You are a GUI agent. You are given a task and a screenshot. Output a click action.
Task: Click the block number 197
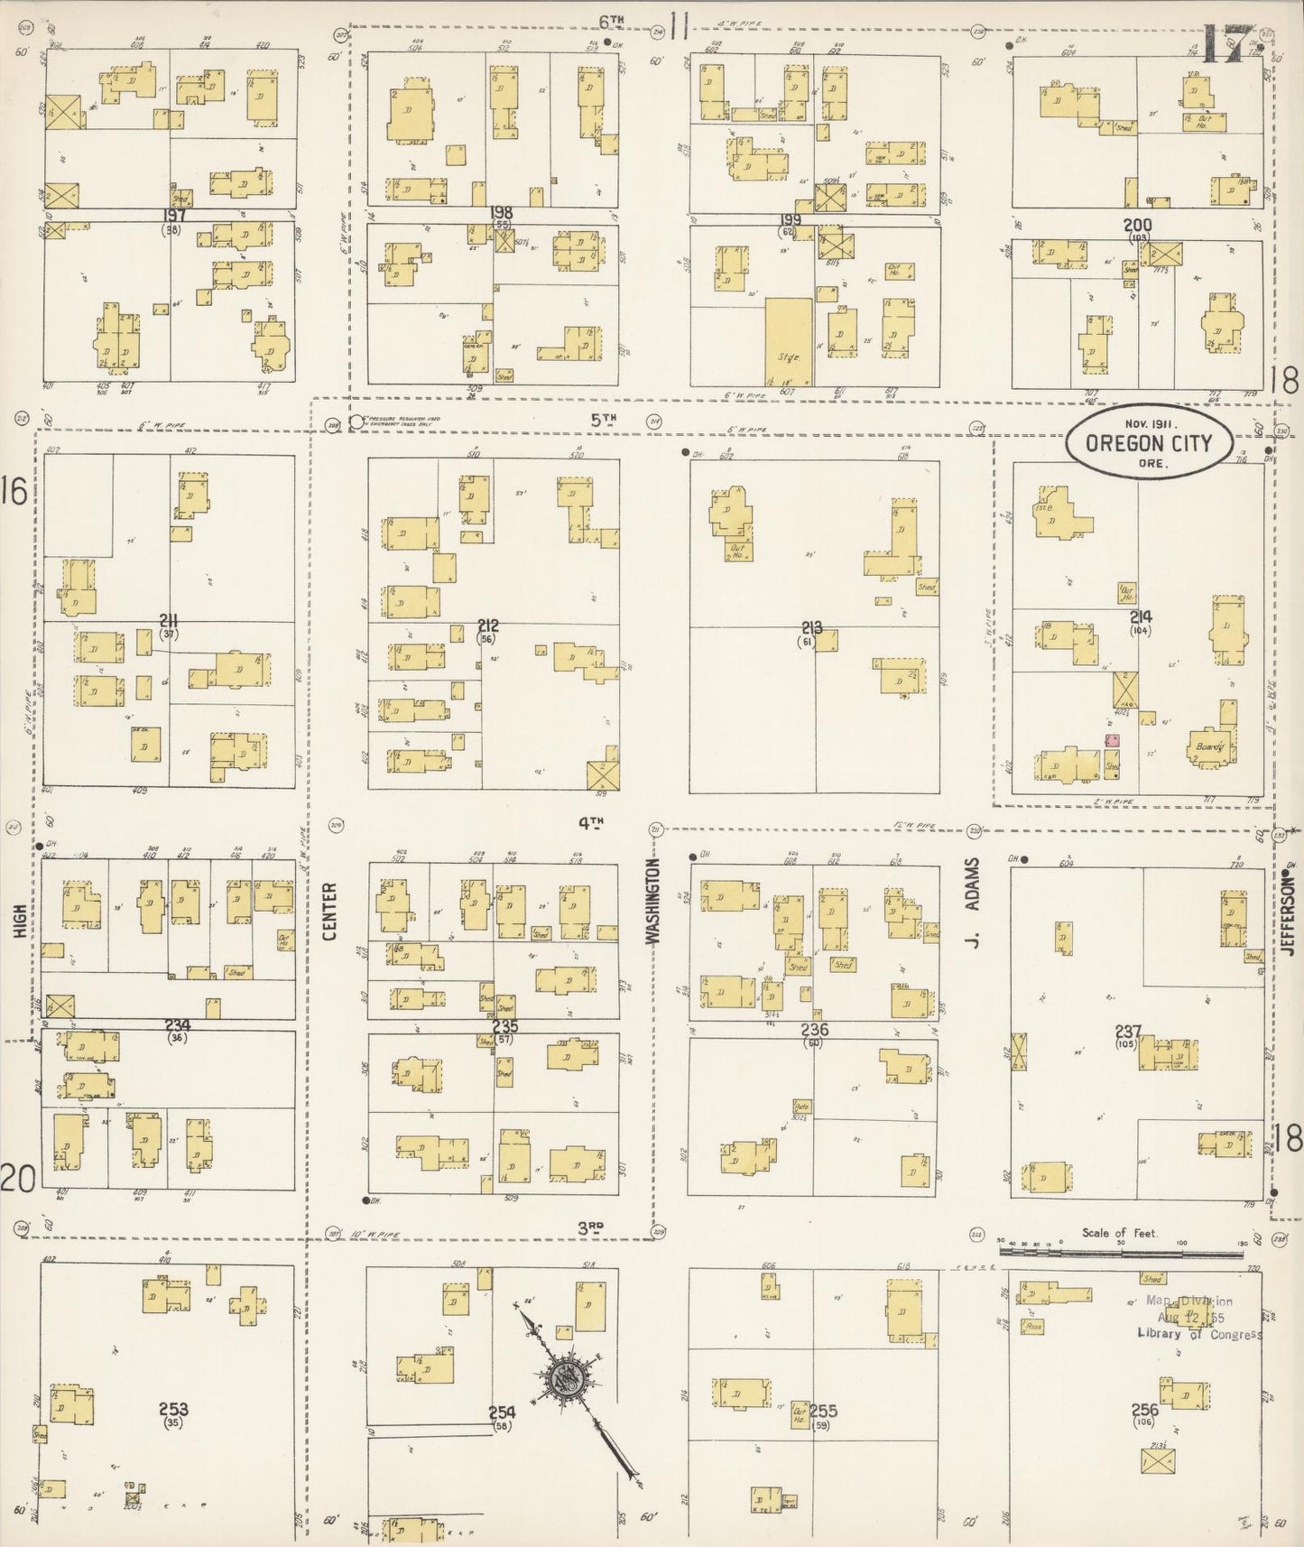174,216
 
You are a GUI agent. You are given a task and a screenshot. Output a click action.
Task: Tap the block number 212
488,625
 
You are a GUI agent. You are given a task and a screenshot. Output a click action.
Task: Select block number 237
1128,1031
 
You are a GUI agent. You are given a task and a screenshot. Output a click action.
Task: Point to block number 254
502,1413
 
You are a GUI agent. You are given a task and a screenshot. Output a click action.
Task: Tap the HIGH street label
20,922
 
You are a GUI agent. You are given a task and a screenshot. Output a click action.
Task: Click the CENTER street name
329,911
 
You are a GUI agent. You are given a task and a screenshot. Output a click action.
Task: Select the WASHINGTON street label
654,902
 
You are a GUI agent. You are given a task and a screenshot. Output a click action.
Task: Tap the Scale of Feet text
1120,1233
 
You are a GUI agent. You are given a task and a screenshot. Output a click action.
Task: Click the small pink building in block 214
1113,741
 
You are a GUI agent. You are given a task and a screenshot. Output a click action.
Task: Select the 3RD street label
590,1227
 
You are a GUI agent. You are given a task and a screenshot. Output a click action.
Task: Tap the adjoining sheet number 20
17,1178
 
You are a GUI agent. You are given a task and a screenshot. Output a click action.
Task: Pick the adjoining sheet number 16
15,492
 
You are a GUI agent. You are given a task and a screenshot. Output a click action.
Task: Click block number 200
1137,226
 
